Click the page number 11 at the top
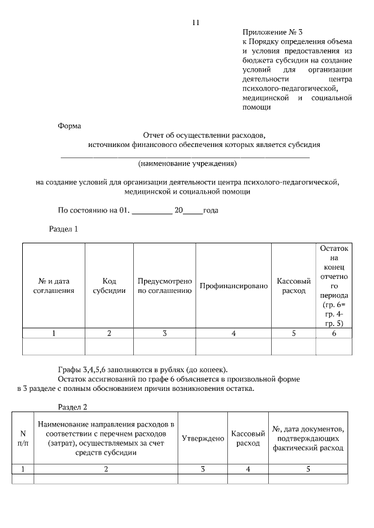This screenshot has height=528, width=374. (x=196, y=23)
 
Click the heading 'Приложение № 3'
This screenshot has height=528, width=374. (x=272, y=33)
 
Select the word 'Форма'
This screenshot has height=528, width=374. (x=70, y=125)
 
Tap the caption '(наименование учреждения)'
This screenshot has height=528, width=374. (x=187, y=163)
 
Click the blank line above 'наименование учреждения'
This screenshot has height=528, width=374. (x=185, y=156)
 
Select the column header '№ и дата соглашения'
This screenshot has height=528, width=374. (x=53, y=286)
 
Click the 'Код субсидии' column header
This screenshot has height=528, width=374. (x=109, y=286)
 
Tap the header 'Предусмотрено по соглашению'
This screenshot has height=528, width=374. (x=165, y=286)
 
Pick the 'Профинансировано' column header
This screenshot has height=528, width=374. (x=234, y=286)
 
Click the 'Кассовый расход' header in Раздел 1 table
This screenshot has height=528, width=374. (x=293, y=286)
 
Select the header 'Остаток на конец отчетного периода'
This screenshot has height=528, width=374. (x=334, y=286)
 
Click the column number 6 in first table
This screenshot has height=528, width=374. (x=334, y=333)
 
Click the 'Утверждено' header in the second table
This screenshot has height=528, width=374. (x=203, y=439)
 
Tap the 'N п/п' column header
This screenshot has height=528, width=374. (x=23, y=439)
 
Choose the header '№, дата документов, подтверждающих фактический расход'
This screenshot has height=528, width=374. (x=308, y=439)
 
